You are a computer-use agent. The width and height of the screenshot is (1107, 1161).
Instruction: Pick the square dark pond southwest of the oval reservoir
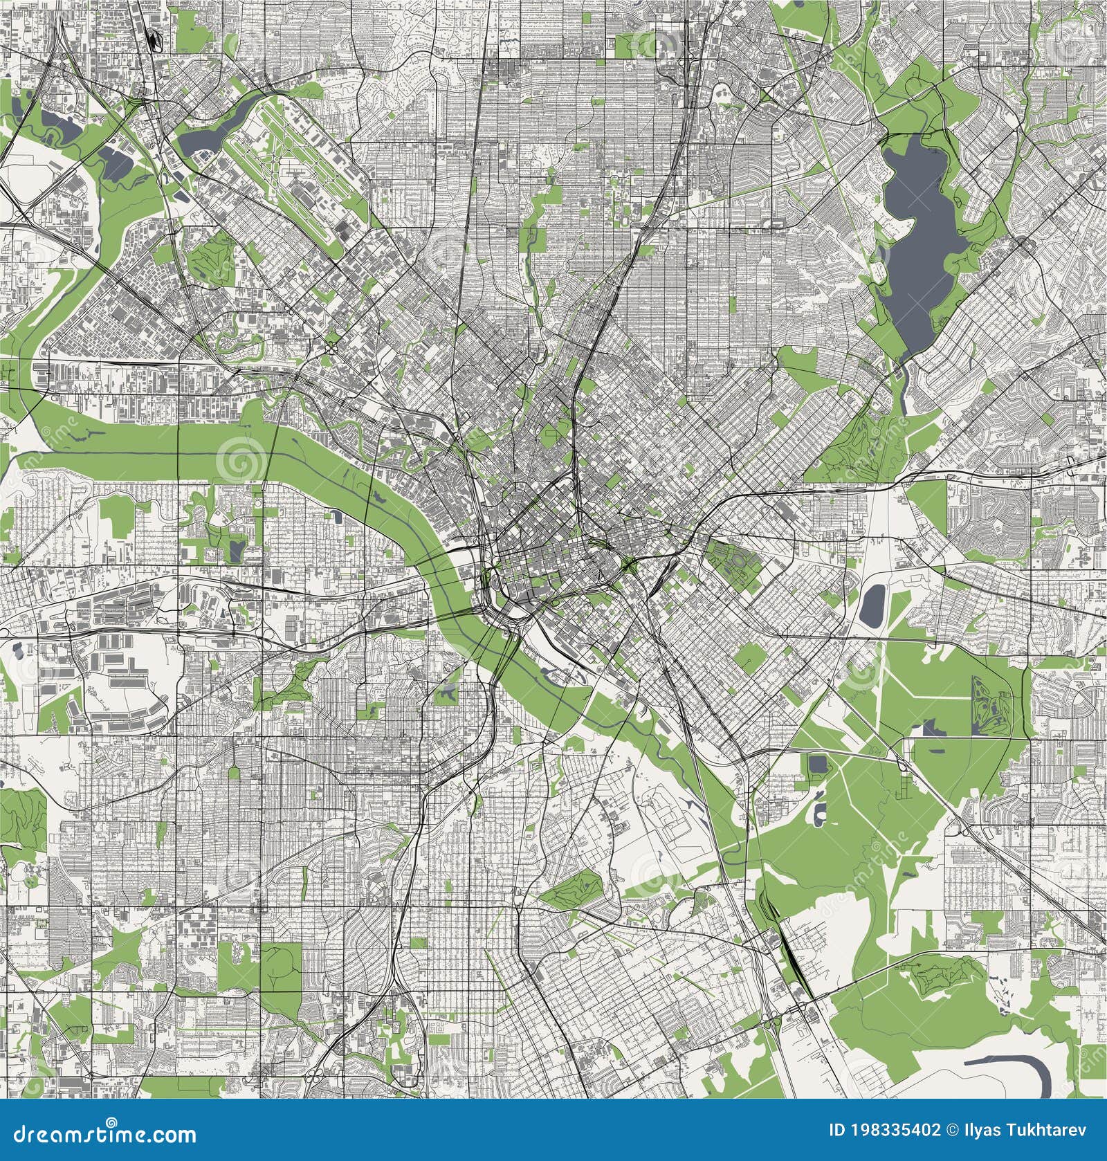click(x=818, y=765)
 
